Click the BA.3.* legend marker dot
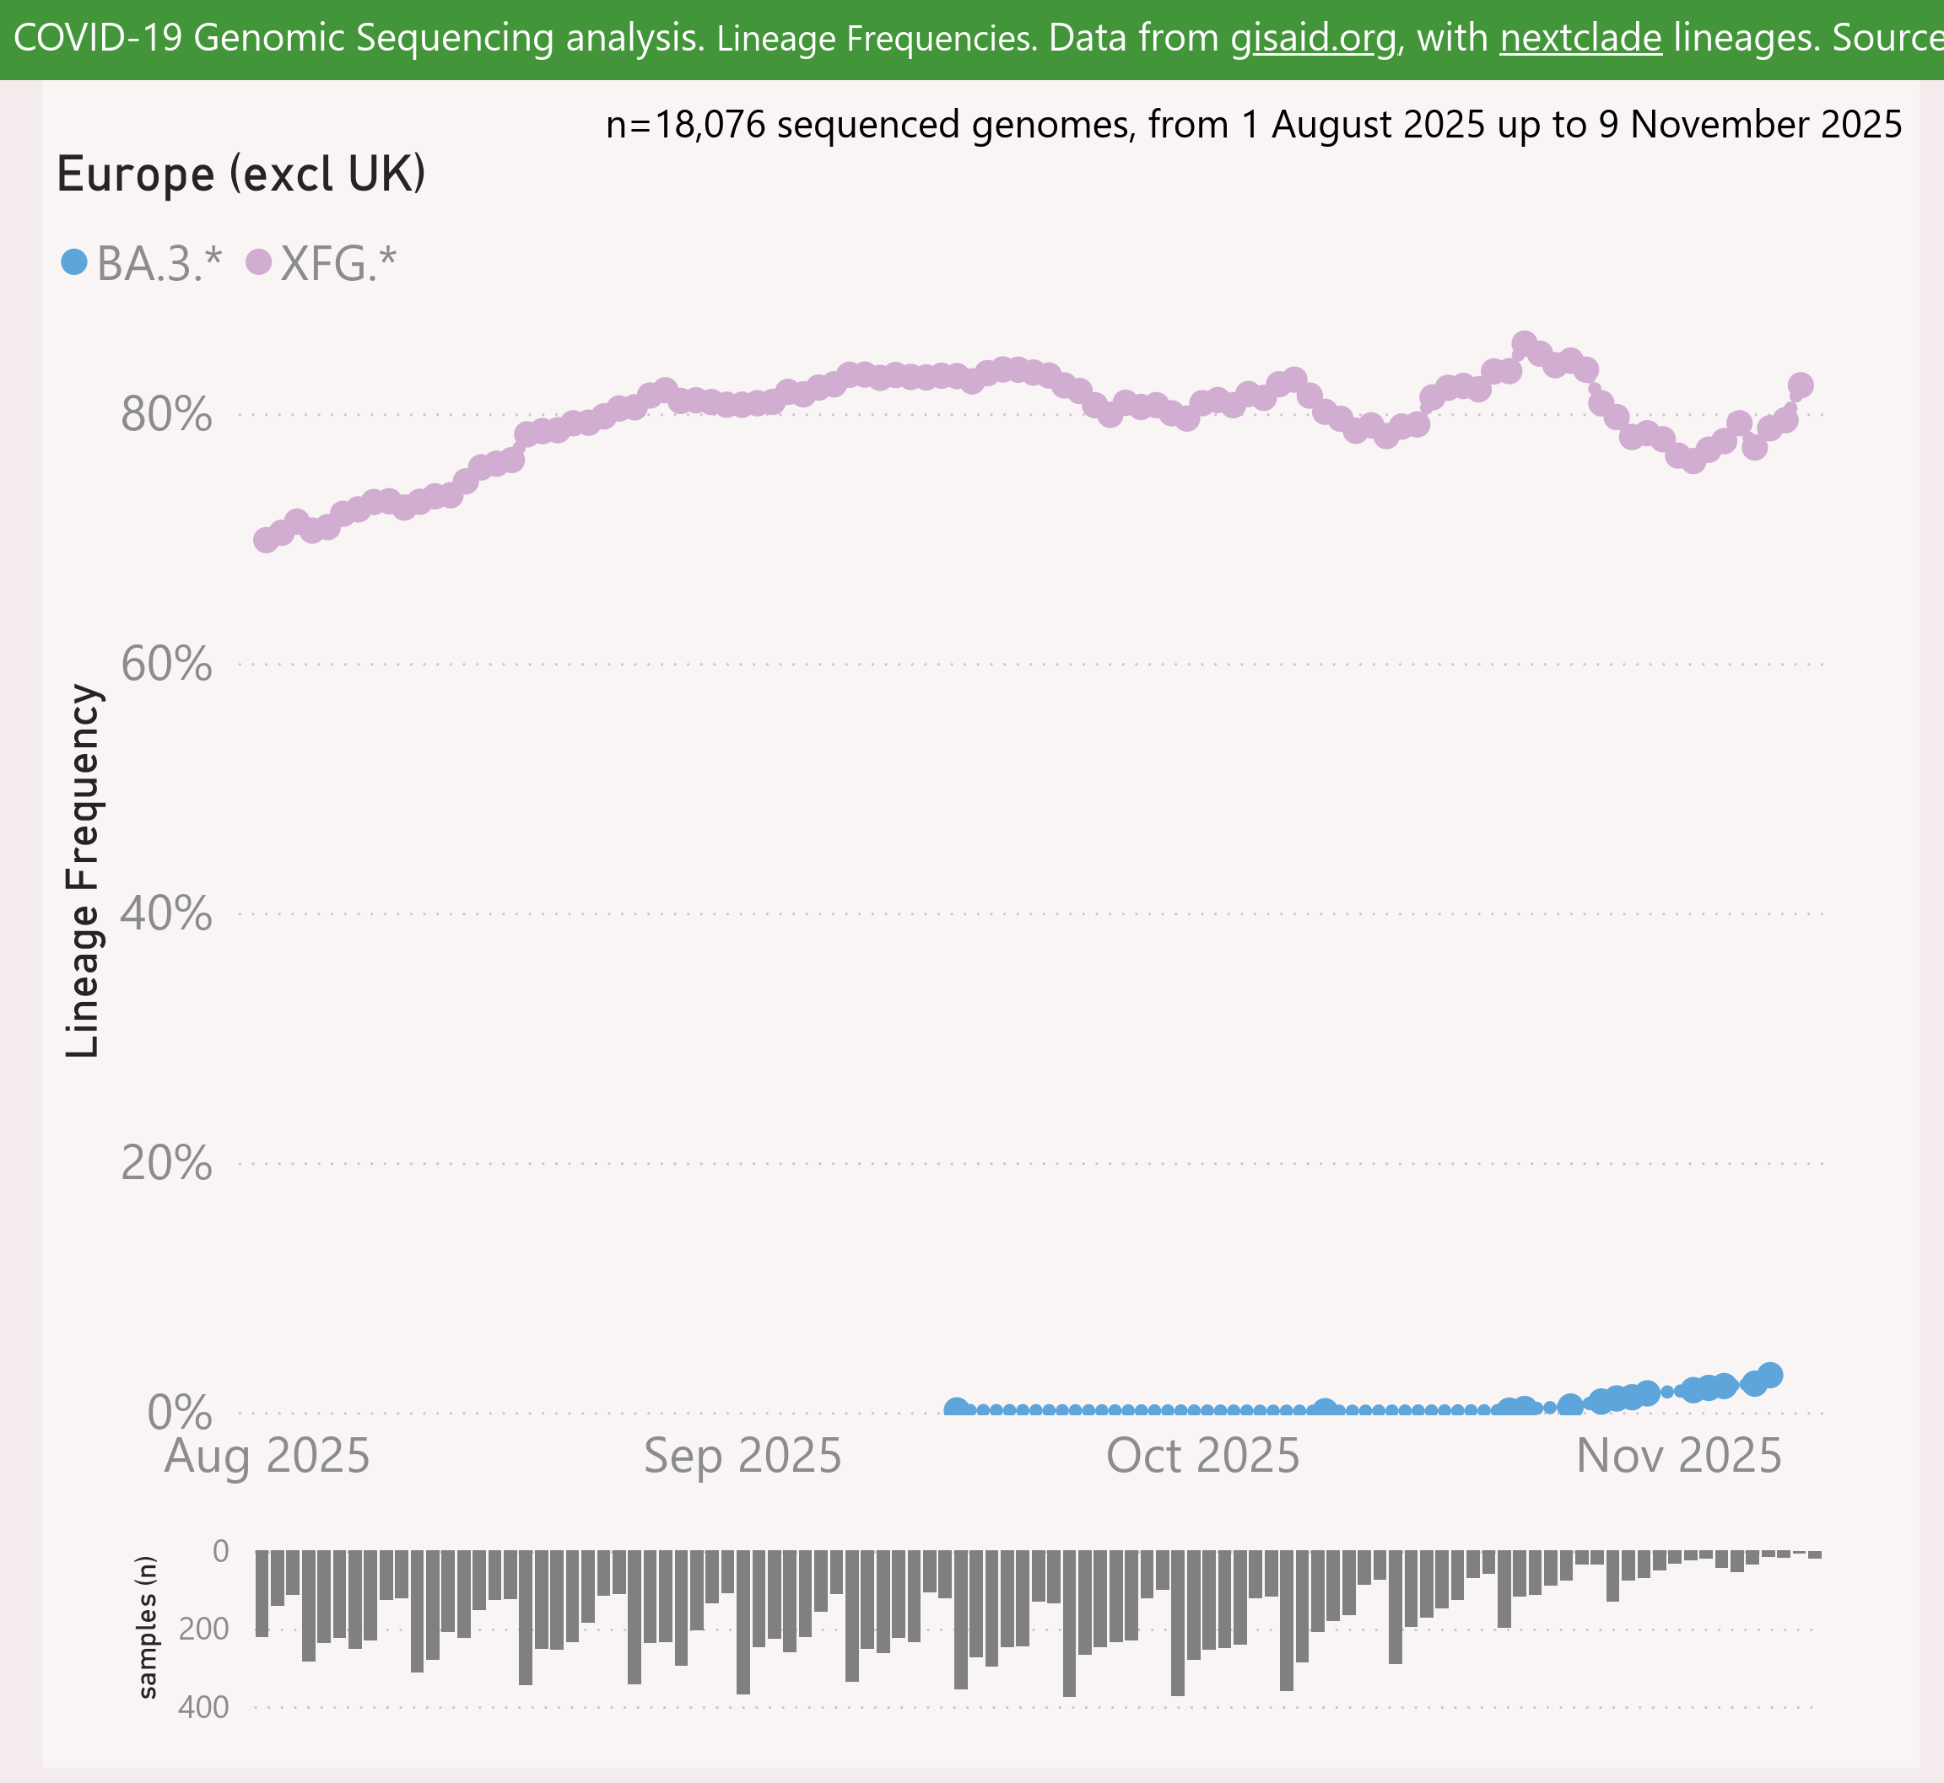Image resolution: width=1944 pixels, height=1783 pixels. [x=74, y=261]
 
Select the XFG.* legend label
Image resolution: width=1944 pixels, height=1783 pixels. [x=337, y=263]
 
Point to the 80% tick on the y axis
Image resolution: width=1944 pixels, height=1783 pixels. [x=166, y=415]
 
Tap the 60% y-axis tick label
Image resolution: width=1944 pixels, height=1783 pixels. [x=166, y=665]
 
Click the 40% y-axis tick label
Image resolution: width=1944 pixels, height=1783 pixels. [x=166, y=913]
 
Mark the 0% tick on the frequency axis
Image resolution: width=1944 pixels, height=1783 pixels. [x=179, y=1413]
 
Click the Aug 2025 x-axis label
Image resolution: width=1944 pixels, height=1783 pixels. [x=267, y=1456]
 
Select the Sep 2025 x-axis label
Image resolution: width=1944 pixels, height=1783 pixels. [x=742, y=1456]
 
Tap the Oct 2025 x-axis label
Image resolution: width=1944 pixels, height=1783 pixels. [x=1202, y=1456]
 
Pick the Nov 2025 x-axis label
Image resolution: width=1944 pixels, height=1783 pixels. [x=1678, y=1456]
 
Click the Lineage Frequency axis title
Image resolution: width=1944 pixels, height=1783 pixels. [x=83, y=870]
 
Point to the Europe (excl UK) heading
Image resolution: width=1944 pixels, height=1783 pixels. [x=241, y=175]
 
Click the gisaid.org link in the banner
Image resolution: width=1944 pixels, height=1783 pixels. [x=1313, y=39]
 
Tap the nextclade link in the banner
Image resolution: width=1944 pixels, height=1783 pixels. [x=1580, y=39]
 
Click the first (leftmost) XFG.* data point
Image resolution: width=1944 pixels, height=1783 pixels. [x=266, y=539]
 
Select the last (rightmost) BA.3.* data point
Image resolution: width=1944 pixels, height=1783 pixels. [x=1769, y=1375]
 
